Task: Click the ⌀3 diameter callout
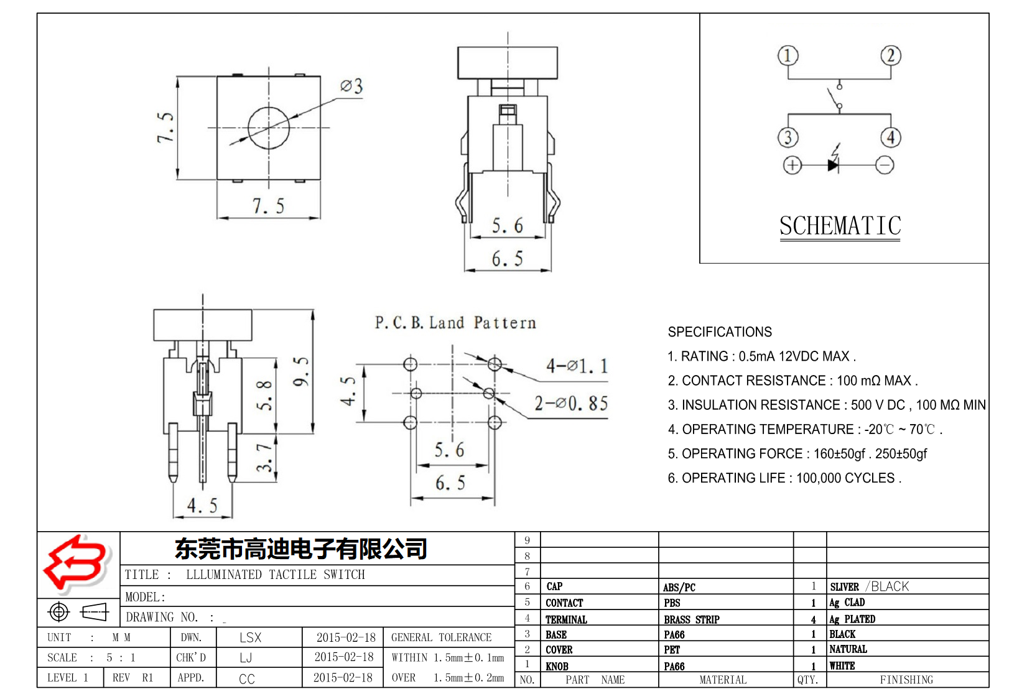351,86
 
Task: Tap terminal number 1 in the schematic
788,56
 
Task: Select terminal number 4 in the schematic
891,137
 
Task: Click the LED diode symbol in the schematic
834,165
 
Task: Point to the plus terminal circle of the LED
792,165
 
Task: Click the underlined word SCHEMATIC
840,226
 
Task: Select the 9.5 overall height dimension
301,371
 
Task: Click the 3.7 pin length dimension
264,457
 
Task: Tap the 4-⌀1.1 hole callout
576,366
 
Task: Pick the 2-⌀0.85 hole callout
571,404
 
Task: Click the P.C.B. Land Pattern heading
455,323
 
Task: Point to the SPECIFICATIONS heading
719,332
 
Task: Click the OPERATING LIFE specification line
784,478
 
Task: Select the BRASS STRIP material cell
691,619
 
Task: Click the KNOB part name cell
557,666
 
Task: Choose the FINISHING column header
906,680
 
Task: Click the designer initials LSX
250,637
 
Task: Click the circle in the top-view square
269,127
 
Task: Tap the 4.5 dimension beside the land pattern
348,391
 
